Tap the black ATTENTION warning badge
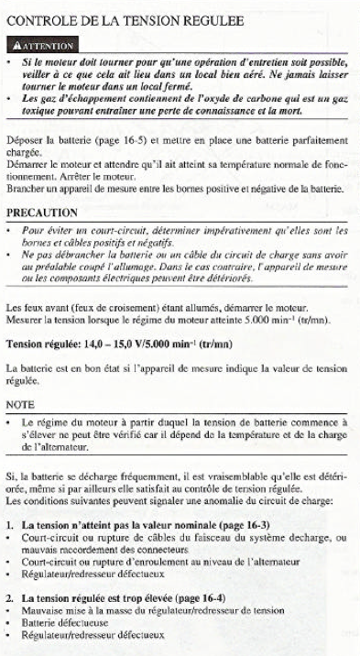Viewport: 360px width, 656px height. pyautogui.click(x=46, y=43)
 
